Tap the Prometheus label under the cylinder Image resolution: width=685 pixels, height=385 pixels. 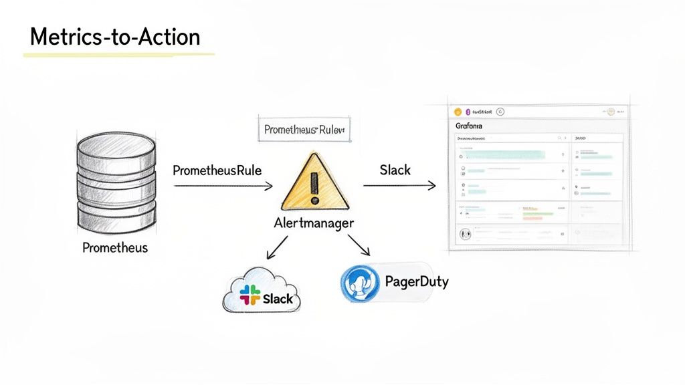click(115, 248)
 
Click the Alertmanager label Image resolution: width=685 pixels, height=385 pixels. click(314, 223)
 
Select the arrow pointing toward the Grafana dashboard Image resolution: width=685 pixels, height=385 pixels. click(399, 185)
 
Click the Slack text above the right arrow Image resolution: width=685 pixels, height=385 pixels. click(395, 170)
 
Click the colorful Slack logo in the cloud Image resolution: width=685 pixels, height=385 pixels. click(250, 295)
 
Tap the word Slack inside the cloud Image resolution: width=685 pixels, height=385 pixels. click(278, 299)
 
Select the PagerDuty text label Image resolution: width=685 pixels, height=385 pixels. click(417, 281)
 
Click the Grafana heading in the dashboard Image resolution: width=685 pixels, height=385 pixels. click(469, 126)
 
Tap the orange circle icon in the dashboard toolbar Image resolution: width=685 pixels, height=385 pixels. click(458, 112)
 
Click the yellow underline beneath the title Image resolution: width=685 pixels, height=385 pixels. click(119, 54)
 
